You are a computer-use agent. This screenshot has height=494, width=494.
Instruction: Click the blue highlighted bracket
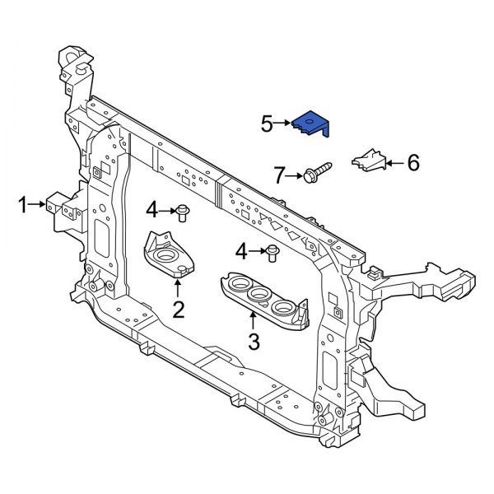point(312,124)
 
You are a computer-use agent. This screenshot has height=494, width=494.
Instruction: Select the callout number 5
point(267,125)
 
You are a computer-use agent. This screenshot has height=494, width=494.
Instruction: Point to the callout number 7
point(279,175)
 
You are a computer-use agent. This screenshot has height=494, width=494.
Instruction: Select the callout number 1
point(23,204)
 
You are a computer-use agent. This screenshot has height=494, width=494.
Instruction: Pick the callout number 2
point(178,310)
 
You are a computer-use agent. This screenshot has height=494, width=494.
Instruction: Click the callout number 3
point(254,340)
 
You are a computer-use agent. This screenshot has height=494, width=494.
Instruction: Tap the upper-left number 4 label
point(151,211)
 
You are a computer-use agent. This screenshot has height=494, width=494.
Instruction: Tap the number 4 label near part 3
point(240,250)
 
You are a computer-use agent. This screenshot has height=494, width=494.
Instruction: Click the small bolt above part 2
point(183,212)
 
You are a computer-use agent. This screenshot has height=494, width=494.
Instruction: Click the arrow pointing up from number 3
point(254,319)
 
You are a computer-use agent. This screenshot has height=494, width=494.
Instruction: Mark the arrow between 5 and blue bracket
point(283,125)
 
